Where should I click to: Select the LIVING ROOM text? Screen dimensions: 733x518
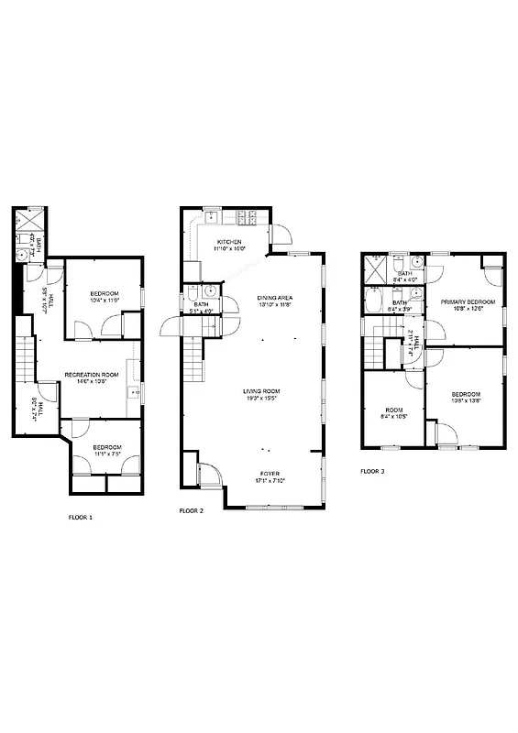tap(261, 391)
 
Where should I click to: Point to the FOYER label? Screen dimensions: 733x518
tap(270, 474)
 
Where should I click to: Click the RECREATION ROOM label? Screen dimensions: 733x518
tap(91, 374)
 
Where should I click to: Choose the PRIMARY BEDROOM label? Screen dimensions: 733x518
tap(468, 301)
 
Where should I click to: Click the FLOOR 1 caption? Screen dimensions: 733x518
tap(81, 517)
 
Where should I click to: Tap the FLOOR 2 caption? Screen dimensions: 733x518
tap(191, 509)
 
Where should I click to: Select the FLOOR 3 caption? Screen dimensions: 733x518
tap(373, 471)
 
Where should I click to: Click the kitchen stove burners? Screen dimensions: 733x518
tap(247, 217)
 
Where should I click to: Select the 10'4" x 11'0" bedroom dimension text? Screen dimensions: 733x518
tap(105, 300)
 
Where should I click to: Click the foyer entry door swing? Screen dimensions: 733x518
tap(209, 473)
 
